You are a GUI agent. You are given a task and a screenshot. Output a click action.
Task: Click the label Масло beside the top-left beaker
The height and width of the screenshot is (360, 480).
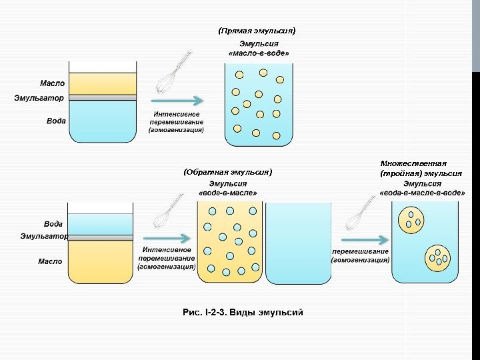(x=52, y=83)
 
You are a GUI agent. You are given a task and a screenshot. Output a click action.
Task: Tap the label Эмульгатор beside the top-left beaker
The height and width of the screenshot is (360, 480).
(x=39, y=98)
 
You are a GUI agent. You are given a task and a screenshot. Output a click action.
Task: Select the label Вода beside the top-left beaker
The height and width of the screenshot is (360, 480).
(x=56, y=121)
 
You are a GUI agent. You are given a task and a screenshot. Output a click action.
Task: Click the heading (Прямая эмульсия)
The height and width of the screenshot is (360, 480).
(x=257, y=31)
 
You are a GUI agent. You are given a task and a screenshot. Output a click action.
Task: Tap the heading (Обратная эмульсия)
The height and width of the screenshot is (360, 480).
(x=228, y=172)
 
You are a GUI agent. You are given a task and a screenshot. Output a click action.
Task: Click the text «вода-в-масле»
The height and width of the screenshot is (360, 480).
(x=227, y=193)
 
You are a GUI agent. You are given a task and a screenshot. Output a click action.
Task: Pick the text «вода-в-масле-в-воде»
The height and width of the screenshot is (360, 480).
(x=421, y=193)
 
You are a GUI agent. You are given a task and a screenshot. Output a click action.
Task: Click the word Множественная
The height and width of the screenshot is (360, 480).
(x=413, y=163)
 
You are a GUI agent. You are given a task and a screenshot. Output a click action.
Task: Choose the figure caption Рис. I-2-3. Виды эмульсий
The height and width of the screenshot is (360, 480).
(x=243, y=311)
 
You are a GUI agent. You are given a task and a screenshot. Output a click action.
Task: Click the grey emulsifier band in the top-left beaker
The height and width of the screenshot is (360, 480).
(x=102, y=97)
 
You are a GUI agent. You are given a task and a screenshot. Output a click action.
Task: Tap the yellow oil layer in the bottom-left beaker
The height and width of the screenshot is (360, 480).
(x=102, y=261)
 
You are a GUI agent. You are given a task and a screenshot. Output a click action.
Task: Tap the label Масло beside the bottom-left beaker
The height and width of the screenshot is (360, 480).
(x=50, y=261)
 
